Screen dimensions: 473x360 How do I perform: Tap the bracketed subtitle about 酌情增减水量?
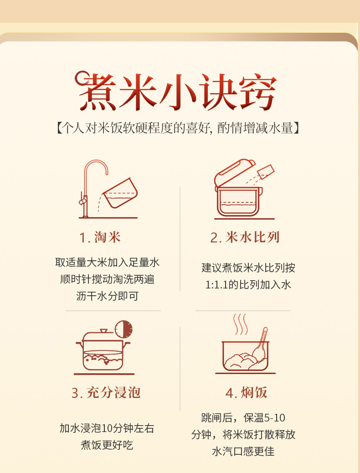(178, 128)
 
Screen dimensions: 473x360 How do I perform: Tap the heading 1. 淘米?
(100, 237)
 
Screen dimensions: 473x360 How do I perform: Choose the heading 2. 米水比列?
(245, 237)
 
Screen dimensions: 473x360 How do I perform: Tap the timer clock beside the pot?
(123, 329)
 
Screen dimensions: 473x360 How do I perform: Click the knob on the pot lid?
(104, 331)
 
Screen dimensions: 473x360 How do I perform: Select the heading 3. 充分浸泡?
(106, 393)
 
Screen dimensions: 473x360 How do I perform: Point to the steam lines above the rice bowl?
(240, 324)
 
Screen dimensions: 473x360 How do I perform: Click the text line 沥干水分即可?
(107, 296)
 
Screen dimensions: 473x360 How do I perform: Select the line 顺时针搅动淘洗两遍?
(107, 279)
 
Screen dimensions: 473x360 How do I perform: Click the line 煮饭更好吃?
(107, 445)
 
